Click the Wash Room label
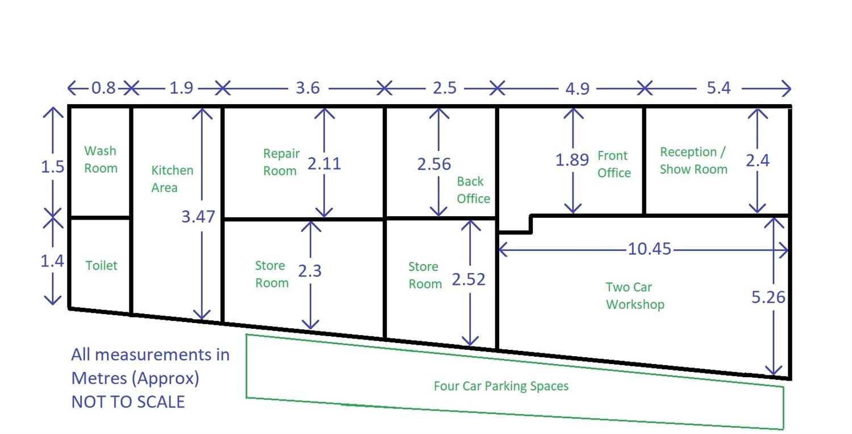point(101,159)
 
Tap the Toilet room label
point(102,265)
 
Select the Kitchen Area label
point(172,179)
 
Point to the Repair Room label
point(281,162)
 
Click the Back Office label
point(473,190)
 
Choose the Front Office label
point(613,164)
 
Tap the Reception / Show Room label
point(693,160)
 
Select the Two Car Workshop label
point(634,296)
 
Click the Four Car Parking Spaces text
point(501,386)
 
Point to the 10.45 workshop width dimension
point(649,249)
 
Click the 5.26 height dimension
point(768,297)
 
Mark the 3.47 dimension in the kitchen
point(198,217)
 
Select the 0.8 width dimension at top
point(103,88)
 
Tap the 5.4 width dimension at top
point(719,88)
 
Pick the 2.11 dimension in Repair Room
point(324,164)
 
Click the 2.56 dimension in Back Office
point(434,164)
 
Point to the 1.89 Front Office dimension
point(572,160)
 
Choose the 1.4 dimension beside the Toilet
point(52,261)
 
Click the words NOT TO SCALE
point(128,402)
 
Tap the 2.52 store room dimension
point(469,279)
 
